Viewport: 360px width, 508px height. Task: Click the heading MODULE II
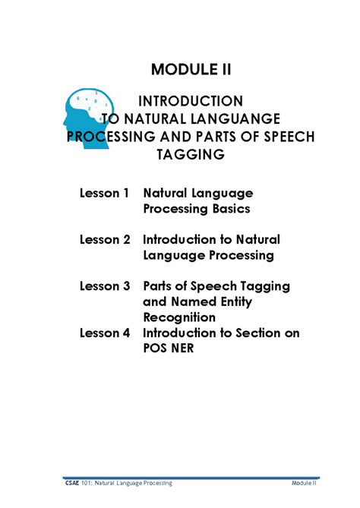[191, 70]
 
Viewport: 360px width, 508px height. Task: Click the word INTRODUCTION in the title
[191, 101]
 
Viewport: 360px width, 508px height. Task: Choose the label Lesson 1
[105, 194]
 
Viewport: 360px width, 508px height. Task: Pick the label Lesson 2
[105, 241]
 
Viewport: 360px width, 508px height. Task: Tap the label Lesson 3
[105, 287]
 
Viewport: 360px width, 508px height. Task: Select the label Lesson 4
[105, 333]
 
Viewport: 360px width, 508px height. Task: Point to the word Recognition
[179, 317]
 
